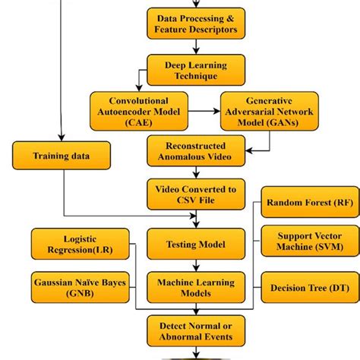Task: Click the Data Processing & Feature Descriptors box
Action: point(197,24)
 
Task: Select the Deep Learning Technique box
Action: point(197,69)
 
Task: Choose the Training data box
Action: point(61,156)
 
